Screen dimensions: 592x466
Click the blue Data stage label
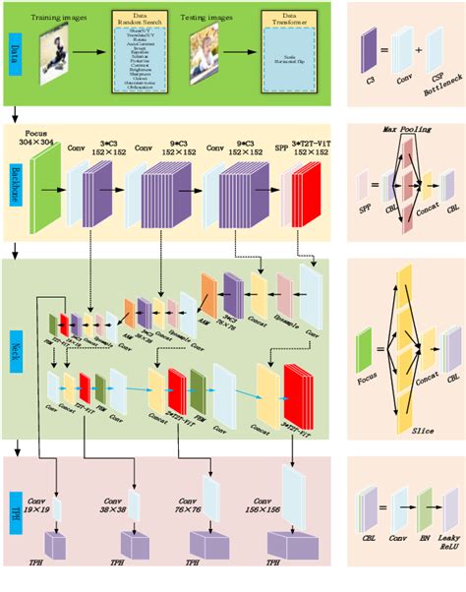[x=14, y=48]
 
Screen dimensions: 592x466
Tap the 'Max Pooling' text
[x=402, y=128]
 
